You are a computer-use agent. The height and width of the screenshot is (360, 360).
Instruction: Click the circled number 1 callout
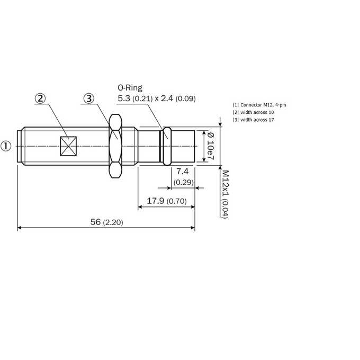(6, 146)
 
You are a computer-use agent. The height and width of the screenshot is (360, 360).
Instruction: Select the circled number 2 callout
(40, 98)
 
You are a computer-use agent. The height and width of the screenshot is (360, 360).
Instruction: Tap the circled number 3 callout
(89, 98)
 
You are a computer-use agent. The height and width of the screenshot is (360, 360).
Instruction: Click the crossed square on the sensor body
(68, 146)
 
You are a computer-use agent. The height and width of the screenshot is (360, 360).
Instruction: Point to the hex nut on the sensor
(115, 146)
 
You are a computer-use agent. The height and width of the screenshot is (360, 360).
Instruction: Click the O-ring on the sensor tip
(167, 146)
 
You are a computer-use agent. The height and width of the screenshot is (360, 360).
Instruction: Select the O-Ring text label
(130, 88)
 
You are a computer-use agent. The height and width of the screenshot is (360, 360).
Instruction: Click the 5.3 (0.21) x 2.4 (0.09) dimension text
(157, 98)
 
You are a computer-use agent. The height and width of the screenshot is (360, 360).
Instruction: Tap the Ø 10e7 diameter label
(211, 146)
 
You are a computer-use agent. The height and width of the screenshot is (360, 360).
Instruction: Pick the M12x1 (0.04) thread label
(225, 194)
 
